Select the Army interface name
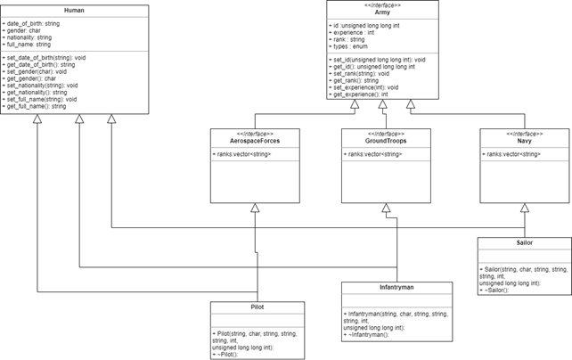tap(383, 12)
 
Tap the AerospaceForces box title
tap(255, 141)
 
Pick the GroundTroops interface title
tap(385, 141)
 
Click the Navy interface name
tap(524, 141)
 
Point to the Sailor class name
tap(524, 242)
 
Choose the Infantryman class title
tap(383, 288)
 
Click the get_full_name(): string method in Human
tap(36, 106)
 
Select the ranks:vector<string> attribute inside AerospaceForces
tap(241, 155)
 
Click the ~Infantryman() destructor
tap(365, 336)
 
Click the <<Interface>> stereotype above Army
tap(383, 5)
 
